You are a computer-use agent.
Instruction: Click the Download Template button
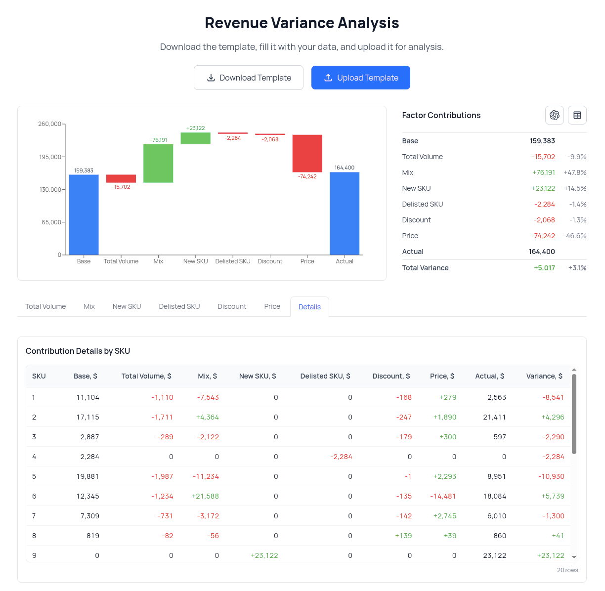[249, 78]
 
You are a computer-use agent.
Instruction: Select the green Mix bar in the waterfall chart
[158, 163]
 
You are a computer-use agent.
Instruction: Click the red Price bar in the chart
[307, 153]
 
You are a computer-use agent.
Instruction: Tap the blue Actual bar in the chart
[345, 213]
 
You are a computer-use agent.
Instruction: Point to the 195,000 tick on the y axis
[50, 157]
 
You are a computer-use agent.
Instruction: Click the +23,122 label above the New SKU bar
[195, 128]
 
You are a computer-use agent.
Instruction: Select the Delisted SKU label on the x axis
[233, 261]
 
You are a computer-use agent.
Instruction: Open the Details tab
[309, 307]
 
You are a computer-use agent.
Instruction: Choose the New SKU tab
[127, 306]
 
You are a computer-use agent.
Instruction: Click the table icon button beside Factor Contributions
[577, 115]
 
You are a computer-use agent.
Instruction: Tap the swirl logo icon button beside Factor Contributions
[554, 115]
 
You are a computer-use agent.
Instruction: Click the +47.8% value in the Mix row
[575, 172]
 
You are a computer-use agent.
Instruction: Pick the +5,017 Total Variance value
[544, 268]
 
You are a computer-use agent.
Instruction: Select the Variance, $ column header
[544, 376]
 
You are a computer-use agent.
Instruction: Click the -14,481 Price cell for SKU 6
[443, 496]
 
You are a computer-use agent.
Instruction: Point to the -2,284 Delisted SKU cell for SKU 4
[341, 457]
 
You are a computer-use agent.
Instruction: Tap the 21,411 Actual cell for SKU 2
[494, 417]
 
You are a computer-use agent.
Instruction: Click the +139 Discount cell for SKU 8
[403, 536]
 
